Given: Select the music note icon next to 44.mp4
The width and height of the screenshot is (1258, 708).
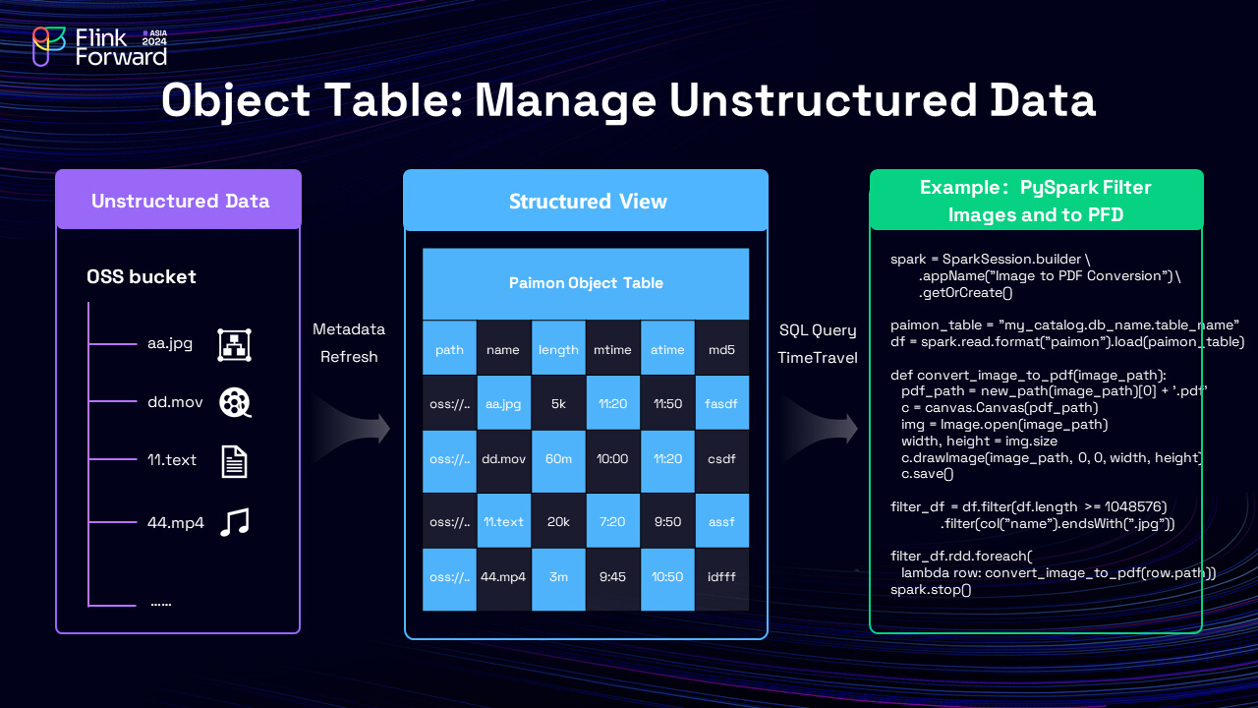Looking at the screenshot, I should [234, 522].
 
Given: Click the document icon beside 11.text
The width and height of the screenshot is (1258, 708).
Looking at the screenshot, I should [234, 461].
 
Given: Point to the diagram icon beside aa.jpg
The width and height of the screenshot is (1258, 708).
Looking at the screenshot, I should [234, 344].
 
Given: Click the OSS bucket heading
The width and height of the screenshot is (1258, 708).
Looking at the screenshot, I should [142, 276].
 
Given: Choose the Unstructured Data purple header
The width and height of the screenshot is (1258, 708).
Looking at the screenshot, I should [179, 201].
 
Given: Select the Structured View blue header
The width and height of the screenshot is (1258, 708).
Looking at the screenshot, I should [587, 202].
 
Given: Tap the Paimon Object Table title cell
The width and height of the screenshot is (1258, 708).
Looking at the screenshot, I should [586, 283].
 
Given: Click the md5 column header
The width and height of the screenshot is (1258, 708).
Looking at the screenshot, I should [721, 348].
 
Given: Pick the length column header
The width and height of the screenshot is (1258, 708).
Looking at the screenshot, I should [558, 348].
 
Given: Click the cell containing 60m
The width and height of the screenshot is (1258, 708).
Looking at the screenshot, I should [558, 458].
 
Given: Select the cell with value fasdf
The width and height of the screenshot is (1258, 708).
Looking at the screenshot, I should [721, 403].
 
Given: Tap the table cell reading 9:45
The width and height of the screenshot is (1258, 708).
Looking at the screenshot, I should [612, 576].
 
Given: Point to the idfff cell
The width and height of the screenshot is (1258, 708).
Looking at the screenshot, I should [721, 576].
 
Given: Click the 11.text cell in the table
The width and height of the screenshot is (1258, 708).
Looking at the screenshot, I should [503, 521].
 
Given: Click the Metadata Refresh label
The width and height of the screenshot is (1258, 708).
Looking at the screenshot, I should [349, 342].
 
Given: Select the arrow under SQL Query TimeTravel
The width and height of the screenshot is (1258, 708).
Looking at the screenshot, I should [817, 429].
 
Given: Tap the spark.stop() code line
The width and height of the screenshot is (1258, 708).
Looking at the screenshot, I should [930, 590].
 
